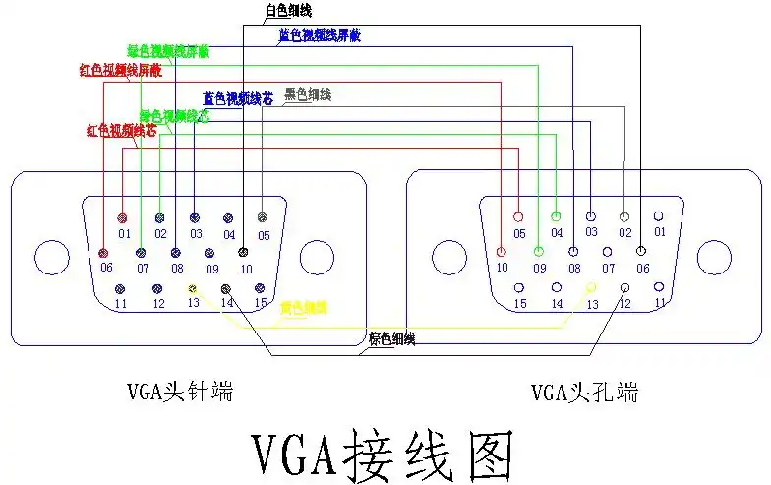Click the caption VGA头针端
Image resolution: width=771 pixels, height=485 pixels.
(180, 393)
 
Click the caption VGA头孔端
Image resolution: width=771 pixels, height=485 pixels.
(585, 393)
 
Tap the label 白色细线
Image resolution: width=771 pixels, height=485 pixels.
(288, 11)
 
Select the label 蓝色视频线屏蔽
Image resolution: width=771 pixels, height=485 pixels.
(320, 35)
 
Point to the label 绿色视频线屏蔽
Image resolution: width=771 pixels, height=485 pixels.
(168, 51)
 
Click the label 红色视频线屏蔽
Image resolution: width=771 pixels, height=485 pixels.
(120, 71)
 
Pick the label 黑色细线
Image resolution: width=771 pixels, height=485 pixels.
(308, 94)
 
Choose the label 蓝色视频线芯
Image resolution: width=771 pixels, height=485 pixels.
(237, 98)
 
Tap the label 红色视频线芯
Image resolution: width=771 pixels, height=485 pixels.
(121, 130)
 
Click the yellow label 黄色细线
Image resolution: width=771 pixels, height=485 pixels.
(304, 308)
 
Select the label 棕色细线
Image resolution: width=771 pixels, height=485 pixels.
(391, 339)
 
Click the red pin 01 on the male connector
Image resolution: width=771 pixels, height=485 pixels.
(123, 217)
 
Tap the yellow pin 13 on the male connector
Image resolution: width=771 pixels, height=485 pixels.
(194, 289)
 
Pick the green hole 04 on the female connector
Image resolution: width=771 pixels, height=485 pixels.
(556, 216)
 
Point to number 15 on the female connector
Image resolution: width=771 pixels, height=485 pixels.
(520, 304)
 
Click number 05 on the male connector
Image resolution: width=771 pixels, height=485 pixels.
(264, 235)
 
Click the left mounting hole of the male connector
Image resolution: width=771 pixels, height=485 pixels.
(51, 259)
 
